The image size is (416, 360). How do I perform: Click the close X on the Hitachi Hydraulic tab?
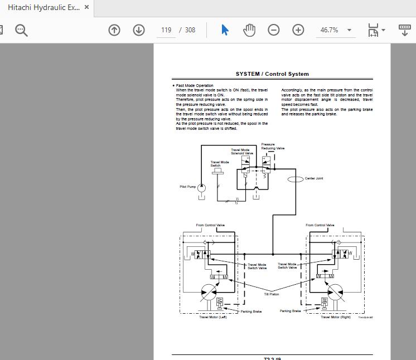coord(86,8)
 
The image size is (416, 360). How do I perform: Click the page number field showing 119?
coord(166,30)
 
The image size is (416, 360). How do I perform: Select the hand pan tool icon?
coord(249,30)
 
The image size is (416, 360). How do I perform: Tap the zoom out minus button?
coord(274,30)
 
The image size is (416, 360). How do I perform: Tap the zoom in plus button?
coord(298,30)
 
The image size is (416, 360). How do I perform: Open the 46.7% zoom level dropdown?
coord(335,30)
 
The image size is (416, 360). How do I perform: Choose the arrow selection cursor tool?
coord(225,30)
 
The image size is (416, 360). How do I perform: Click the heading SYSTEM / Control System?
coord(272,74)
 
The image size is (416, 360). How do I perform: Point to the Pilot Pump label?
coord(187,187)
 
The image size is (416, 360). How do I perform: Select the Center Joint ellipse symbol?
coord(295,179)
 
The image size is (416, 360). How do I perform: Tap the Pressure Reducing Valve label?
coord(273,147)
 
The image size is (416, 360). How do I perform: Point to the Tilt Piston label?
coord(272,294)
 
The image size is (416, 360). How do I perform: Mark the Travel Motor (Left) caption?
coord(213,317)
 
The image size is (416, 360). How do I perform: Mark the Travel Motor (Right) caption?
coord(335,317)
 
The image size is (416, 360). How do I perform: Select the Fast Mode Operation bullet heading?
coord(194,85)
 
